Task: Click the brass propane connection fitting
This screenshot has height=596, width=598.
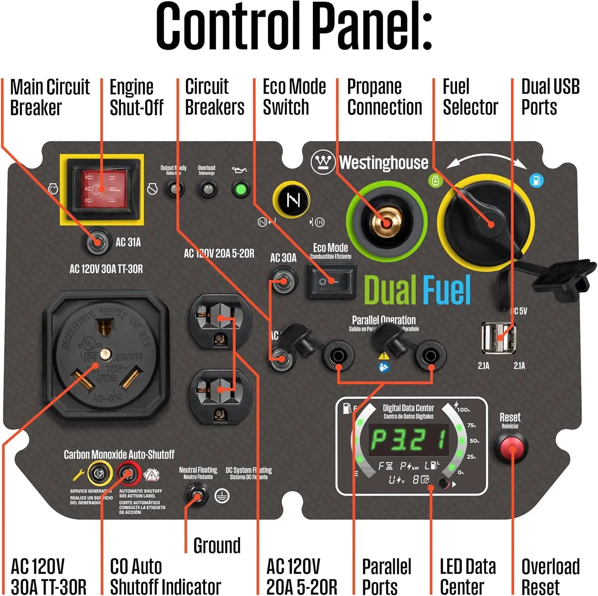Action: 386,222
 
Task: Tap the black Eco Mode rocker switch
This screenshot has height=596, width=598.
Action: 330,282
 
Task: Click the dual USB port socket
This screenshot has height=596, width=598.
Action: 498,338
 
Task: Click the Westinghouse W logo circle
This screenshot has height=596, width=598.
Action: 323,162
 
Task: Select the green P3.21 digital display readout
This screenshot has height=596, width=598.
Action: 409,440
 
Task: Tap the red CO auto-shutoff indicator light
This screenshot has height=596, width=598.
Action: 128,474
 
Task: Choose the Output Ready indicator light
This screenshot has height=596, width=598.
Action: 175,189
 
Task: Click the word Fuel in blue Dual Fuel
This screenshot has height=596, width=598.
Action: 447,290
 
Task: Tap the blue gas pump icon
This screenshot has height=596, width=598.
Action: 536,180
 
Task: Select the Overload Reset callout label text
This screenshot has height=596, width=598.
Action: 550,576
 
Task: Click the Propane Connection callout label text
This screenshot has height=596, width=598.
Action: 384,97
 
